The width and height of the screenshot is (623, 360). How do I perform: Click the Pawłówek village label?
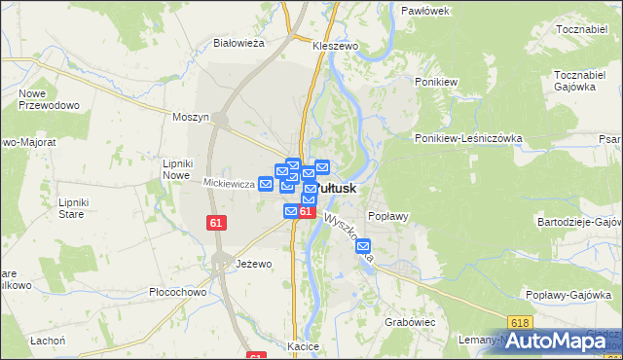point(424,10)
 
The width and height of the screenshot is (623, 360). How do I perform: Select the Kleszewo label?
point(336,46)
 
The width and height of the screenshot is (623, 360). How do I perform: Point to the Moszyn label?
point(191,117)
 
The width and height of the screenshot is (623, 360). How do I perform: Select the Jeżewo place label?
point(253,264)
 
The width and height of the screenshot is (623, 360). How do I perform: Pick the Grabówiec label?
point(408,319)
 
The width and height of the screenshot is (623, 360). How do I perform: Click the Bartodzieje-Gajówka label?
point(579,223)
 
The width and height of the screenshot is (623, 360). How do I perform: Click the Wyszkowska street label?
point(348,239)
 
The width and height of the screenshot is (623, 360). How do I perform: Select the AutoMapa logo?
point(564,341)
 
